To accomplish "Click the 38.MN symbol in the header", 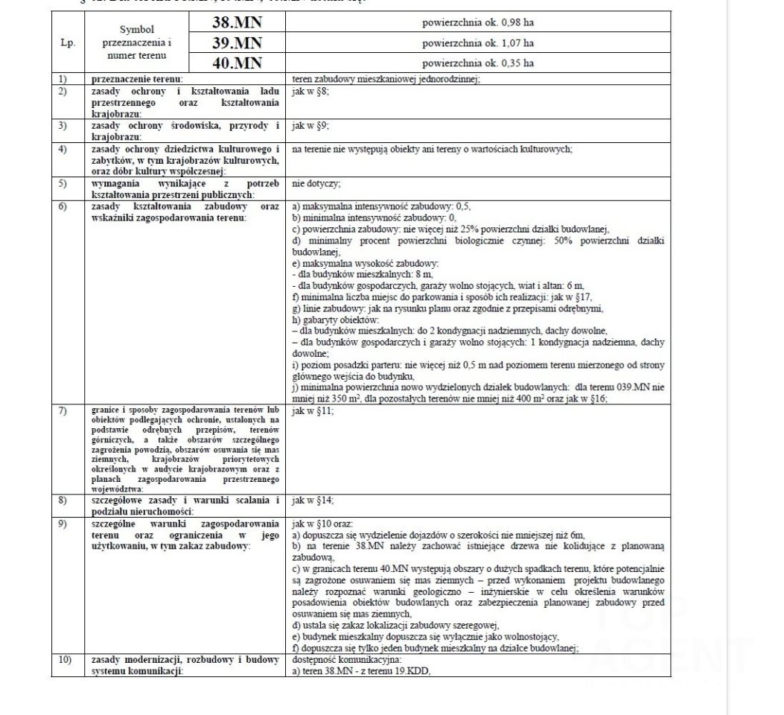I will pyautogui.click(x=237, y=23).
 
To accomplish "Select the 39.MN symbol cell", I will pyautogui.click(x=237, y=43).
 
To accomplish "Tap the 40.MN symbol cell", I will pyautogui.click(x=237, y=63).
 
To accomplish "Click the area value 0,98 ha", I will pyautogui.click(x=477, y=23).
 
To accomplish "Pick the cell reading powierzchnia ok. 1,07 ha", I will pyautogui.click(x=477, y=43).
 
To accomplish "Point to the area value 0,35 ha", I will pyautogui.click(x=477, y=63).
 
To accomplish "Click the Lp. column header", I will pyautogui.click(x=68, y=43).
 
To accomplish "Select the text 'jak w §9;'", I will pyautogui.click(x=310, y=125).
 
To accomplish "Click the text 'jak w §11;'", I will pyautogui.click(x=313, y=410).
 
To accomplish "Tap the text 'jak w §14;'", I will pyautogui.click(x=313, y=500).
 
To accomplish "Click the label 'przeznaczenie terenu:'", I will pyautogui.click(x=137, y=78).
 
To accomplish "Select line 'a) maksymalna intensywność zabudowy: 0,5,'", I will pyautogui.click(x=381, y=206).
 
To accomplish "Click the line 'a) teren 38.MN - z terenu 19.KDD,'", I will pyautogui.click(x=362, y=670).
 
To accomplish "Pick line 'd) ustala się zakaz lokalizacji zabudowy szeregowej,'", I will pyautogui.click(x=395, y=626).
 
